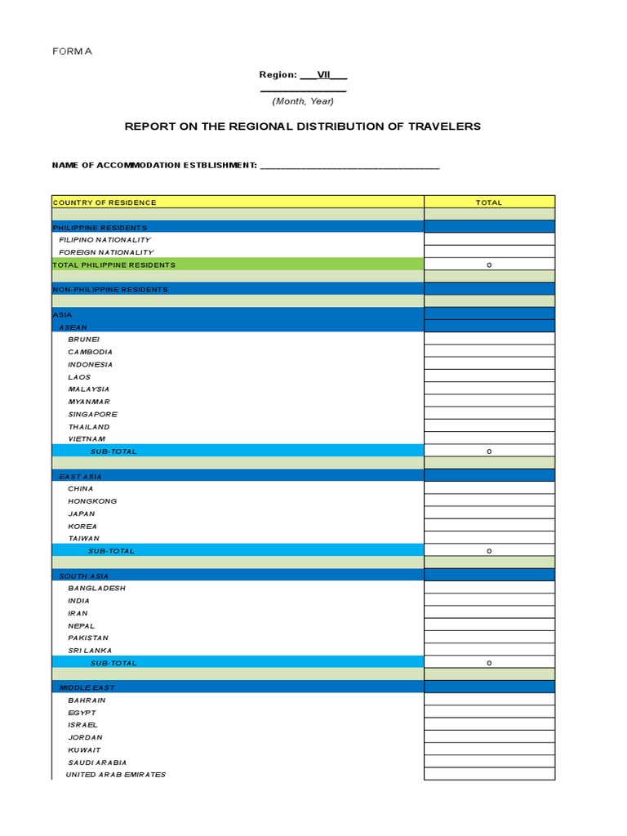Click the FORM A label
coord(73,51)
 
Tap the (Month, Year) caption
coord(303,101)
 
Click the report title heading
coord(302,127)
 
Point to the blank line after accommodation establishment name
coord(349,166)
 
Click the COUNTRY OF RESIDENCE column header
coord(104,202)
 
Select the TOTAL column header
coord(489,202)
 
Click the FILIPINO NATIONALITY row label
coord(104,240)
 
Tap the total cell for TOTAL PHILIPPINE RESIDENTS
coord(489,265)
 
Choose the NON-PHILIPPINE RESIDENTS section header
coord(110,289)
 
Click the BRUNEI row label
coord(84,340)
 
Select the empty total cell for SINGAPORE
coord(489,414)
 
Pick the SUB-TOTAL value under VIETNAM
coord(489,451)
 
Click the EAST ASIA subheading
coord(81,476)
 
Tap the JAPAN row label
coord(82,514)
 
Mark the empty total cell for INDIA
coord(489,601)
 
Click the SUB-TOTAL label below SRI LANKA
coord(113,663)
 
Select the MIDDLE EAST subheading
coord(86,688)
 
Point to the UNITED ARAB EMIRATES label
coord(116,775)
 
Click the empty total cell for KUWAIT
coord(489,749)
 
